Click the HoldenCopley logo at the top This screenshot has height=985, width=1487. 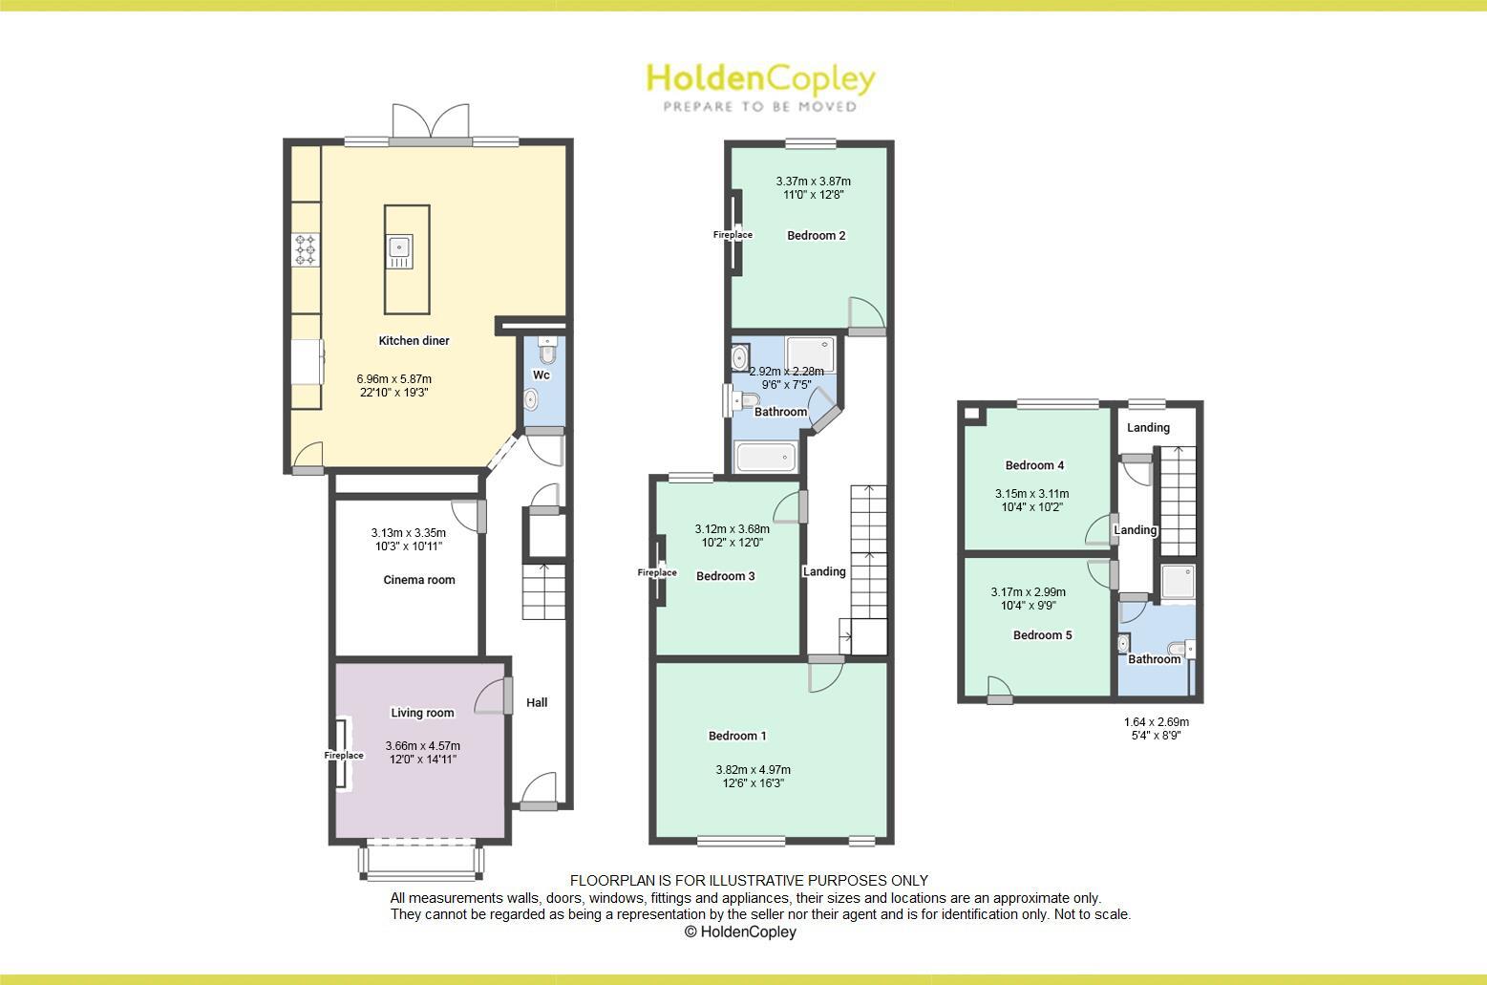coord(760,85)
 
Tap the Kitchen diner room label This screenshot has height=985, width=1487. coord(414,341)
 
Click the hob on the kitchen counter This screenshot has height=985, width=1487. coord(306,250)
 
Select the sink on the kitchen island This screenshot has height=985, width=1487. coord(399,251)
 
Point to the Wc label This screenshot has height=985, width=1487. coord(542,375)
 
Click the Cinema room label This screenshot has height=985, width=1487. coord(419,580)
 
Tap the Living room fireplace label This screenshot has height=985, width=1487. coord(344,756)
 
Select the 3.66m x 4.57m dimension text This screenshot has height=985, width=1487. coord(422,746)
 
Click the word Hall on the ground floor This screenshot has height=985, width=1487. coord(537,703)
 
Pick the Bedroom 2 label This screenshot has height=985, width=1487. coord(816,236)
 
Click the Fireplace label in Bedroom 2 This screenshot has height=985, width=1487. coord(733,235)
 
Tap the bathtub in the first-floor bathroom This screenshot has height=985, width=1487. coord(765,459)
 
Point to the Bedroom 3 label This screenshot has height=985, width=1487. coord(725,576)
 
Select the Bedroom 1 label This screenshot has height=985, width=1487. coord(736,736)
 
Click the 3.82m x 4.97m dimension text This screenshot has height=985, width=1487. coord(753,770)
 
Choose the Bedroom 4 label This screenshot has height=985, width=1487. coord(1034,466)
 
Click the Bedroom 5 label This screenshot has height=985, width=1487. coord(1042,635)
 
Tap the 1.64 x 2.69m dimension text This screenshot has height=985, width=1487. coord(1156,722)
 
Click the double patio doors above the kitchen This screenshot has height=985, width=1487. coord(431,124)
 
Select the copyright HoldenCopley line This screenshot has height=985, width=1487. coord(740,932)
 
